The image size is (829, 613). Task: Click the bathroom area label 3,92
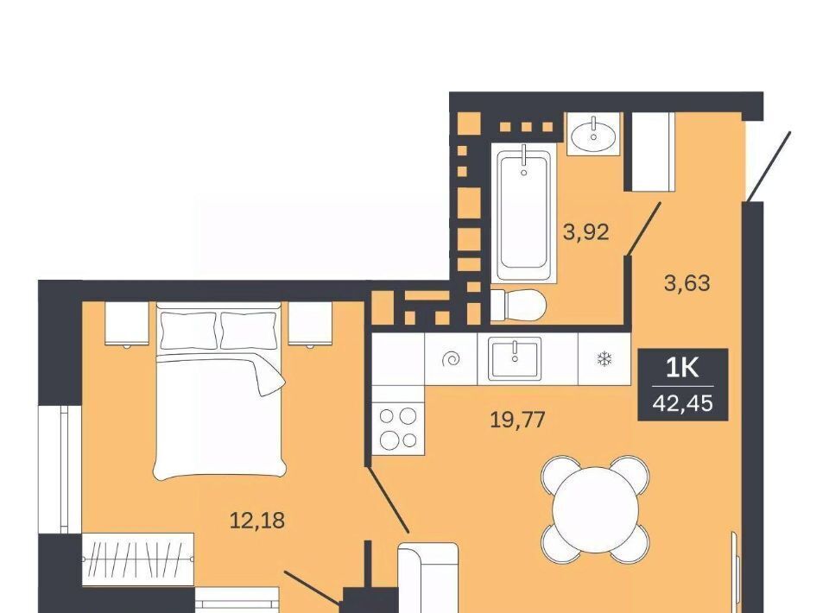click(585, 232)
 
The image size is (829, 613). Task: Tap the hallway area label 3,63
click(687, 283)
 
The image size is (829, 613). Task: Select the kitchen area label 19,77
click(517, 420)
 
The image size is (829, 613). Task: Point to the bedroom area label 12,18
click(257, 521)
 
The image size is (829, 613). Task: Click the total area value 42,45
click(682, 403)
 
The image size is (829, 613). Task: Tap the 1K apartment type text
click(682, 368)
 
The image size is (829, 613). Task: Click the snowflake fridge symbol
click(604, 360)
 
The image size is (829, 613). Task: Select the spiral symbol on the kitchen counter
click(451, 360)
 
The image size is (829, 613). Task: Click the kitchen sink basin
click(515, 358)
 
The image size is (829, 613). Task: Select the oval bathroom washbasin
click(593, 134)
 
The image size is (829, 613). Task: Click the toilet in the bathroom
click(519, 305)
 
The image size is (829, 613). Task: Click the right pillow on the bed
click(248, 331)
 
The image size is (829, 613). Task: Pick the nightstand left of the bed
click(127, 324)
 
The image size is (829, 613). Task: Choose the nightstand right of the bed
click(310, 324)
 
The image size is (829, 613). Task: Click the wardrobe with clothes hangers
click(138, 559)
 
